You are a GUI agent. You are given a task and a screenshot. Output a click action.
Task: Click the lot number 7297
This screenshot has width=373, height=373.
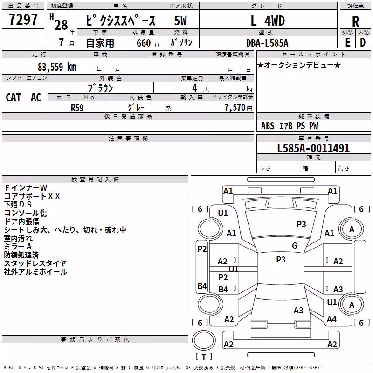coord(23,20)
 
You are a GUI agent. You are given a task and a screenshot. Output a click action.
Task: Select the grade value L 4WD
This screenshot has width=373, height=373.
coord(268,21)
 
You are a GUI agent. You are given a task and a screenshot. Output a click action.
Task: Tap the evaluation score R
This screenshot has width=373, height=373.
coord(355,21)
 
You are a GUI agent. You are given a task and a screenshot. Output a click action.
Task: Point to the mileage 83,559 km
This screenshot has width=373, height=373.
coord(57,67)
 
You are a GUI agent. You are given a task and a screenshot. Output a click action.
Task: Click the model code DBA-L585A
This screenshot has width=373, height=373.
coord(267,43)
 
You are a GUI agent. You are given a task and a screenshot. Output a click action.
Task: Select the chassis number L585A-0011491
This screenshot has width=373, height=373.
coord(313,148)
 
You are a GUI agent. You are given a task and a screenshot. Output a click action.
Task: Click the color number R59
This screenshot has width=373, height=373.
coord(77,108)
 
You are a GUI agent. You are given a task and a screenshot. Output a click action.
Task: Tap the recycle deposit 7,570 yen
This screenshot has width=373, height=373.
coord(238,108)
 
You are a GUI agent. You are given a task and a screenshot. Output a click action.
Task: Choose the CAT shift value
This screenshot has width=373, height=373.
coord(14,97)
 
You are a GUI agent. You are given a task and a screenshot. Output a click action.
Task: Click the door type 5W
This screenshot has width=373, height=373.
coord(180,21)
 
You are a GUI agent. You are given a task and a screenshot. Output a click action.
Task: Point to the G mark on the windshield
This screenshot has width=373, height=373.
coord(295,246)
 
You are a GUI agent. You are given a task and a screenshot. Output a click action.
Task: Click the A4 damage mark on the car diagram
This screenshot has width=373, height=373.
coord(332,319)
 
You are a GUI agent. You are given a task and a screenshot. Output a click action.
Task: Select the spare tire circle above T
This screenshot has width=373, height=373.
coord(204,340)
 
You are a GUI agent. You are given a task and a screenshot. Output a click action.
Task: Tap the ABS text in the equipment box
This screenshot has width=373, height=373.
coord(268,126)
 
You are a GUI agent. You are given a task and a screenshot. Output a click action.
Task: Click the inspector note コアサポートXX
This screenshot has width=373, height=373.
coord(32,196)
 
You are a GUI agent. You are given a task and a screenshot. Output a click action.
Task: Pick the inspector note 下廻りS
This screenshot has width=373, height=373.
coord(18,205)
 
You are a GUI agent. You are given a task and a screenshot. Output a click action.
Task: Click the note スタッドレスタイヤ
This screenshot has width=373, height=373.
coord(35,263)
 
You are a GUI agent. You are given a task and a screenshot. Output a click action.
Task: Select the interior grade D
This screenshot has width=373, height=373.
coord(363,42)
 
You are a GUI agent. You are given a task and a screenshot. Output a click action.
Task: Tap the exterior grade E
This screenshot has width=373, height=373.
coord(347,42)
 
